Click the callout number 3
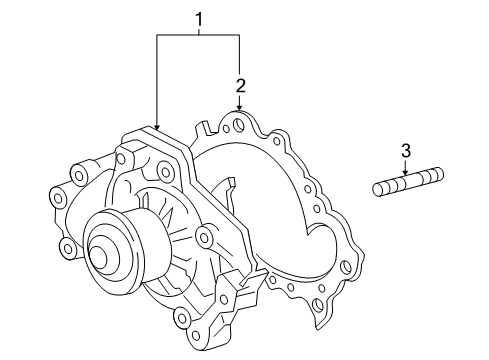pyautogui.click(x=406, y=151)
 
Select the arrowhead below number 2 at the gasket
pyautogui.click(x=240, y=109)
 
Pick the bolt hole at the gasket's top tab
pyautogui.click(x=237, y=128)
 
